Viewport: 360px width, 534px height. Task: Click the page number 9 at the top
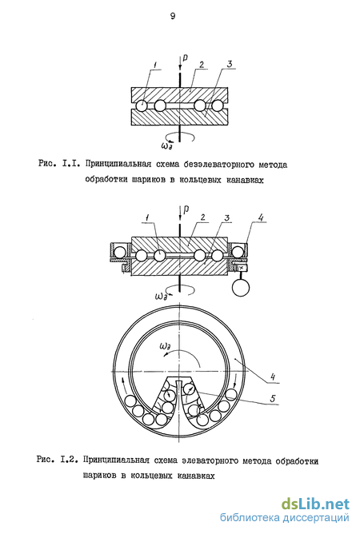(173, 16)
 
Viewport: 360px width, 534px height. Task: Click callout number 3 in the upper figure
(229, 64)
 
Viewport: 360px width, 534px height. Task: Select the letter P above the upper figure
(185, 58)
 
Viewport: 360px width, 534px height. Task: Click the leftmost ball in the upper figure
(141, 106)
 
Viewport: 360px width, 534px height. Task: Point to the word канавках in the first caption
(245, 180)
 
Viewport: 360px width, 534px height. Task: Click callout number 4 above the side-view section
(260, 217)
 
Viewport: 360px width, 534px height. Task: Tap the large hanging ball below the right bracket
(241, 288)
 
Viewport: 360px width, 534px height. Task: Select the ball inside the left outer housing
(119, 253)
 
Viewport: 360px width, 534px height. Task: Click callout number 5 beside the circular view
(272, 398)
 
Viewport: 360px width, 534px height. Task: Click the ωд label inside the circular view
(166, 347)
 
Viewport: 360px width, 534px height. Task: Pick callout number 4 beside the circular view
(272, 377)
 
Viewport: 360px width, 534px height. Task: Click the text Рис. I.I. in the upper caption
(59, 164)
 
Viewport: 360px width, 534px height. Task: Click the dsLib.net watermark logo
(315, 504)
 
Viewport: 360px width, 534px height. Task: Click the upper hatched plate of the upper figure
(179, 94)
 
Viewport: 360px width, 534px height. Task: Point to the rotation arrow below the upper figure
(187, 137)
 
